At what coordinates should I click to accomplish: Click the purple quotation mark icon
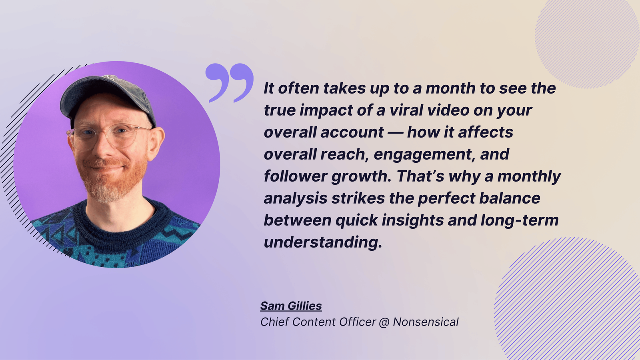click(230, 83)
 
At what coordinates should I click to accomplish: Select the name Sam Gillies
click(291, 306)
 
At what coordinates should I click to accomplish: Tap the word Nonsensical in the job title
click(426, 322)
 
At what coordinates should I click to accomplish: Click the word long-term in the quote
click(520, 220)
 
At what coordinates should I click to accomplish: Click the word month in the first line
click(450, 88)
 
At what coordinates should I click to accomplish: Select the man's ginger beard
click(112, 180)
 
